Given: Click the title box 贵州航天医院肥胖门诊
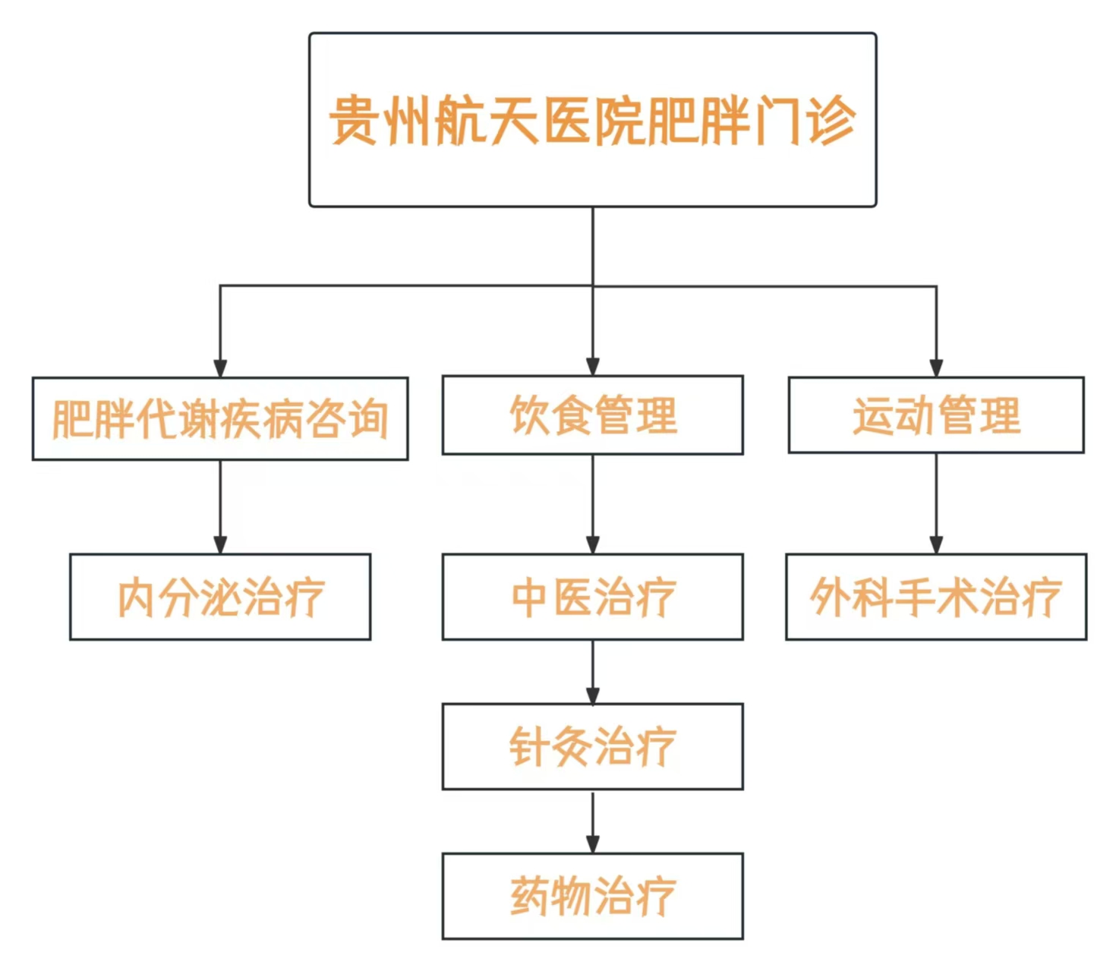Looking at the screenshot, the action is coord(592,120).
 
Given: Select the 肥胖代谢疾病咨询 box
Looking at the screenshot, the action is coord(220,419).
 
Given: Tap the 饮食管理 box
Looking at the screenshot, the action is coord(592,415).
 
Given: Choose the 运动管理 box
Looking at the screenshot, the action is coord(936,415).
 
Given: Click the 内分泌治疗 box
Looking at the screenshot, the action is coord(220,597).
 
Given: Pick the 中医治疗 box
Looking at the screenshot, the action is coord(592,597).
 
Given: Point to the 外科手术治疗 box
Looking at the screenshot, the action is coord(936,597).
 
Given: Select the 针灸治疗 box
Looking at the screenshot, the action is coord(592,747).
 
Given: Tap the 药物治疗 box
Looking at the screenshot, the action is coord(592,896).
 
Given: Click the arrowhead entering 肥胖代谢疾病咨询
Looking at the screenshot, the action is coord(220,368).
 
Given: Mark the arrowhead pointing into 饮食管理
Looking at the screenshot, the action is coord(592,367).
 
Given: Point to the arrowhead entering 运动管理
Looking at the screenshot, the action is coord(936,368).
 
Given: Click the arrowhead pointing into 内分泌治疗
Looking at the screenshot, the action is coord(220,546).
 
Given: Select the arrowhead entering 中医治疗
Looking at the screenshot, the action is coord(592,546).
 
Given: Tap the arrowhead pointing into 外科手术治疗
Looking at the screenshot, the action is coord(936,546).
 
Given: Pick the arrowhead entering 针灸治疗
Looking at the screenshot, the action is coord(592,695).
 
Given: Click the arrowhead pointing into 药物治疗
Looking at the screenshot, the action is coord(592,845).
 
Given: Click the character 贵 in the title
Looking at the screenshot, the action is coord(355,120).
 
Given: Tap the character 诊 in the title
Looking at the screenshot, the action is coord(831,120).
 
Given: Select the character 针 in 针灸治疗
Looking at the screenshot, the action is coord(528,747).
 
